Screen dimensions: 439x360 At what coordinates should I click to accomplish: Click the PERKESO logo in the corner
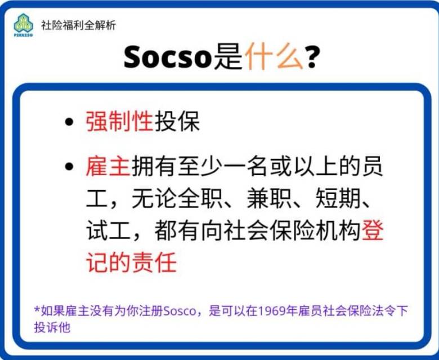[x=23, y=25]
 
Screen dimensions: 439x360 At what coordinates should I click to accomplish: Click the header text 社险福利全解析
[x=78, y=25]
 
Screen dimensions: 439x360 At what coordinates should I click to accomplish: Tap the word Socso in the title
[x=167, y=57]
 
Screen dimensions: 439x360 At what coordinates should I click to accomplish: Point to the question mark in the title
[x=312, y=57]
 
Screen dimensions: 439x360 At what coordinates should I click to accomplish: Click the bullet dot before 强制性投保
[x=69, y=121]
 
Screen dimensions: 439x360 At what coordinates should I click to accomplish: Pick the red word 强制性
[x=119, y=121]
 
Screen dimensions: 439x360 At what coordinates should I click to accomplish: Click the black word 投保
[x=177, y=121]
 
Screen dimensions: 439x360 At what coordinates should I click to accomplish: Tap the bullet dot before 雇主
[x=69, y=166]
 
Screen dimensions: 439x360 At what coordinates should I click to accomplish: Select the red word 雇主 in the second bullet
[x=108, y=166]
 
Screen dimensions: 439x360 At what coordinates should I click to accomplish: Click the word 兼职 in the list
[x=269, y=199]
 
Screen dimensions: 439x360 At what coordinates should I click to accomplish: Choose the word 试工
[x=109, y=231]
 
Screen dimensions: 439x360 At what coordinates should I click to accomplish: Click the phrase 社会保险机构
[x=292, y=231]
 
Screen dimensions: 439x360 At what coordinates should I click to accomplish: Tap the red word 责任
[x=154, y=262]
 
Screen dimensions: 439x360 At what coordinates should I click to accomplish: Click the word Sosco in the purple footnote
[x=180, y=311]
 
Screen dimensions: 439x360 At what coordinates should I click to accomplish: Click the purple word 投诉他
[x=52, y=327]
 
